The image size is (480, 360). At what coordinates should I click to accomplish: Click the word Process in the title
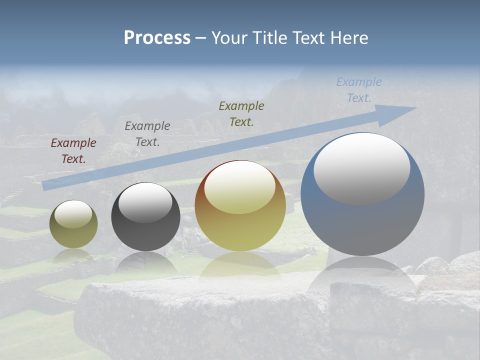tap(157, 38)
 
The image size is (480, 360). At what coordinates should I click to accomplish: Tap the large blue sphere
tap(362, 225)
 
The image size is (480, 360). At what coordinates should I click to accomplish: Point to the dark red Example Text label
tap(73, 150)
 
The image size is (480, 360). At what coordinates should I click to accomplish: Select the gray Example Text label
tap(147, 134)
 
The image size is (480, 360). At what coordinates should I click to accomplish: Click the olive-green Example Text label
tap(241, 113)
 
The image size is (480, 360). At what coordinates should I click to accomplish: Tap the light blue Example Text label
tap(359, 89)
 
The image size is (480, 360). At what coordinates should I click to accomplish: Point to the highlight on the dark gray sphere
tap(145, 202)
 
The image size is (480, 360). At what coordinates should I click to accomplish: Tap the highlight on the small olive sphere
tap(73, 214)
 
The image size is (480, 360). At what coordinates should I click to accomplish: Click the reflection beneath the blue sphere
tap(362, 275)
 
